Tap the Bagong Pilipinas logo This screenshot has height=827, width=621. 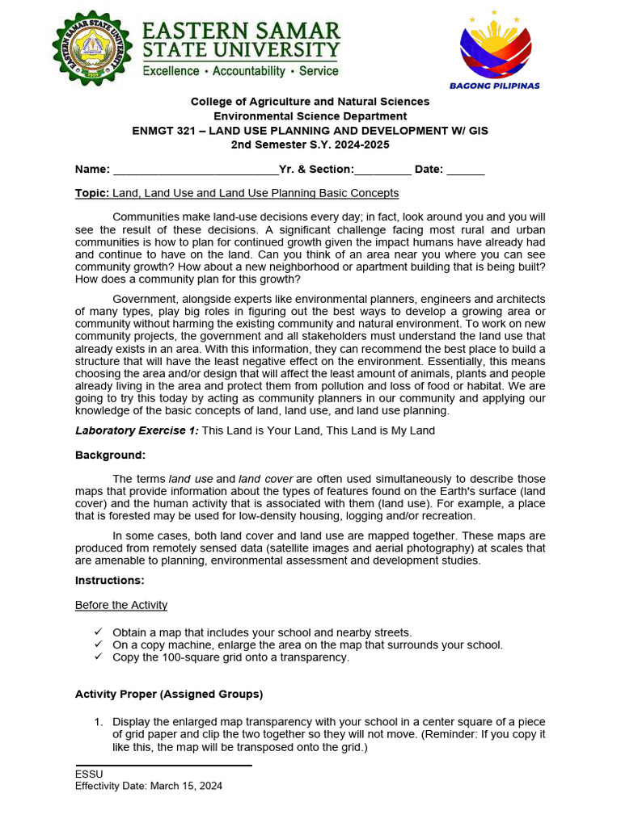(x=494, y=47)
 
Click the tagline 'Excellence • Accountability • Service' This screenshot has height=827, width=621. (x=241, y=71)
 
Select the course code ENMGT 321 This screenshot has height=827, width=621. (x=161, y=130)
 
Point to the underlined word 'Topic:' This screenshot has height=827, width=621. (x=92, y=194)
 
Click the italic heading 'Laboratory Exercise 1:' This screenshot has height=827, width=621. (x=137, y=431)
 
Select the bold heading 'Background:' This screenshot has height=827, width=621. (x=110, y=455)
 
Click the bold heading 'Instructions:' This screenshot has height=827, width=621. (x=110, y=581)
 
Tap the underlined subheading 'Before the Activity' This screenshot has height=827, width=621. (x=121, y=605)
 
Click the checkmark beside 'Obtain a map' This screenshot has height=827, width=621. (x=98, y=632)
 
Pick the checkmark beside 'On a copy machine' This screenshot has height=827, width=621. (x=98, y=644)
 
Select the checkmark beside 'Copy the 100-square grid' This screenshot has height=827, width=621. (x=98, y=657)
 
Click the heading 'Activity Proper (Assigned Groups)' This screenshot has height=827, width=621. (x=169, y=695)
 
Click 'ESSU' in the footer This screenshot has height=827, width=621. (x=89, y=774)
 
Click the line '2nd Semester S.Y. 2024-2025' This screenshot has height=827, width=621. (x=310, y=145)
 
